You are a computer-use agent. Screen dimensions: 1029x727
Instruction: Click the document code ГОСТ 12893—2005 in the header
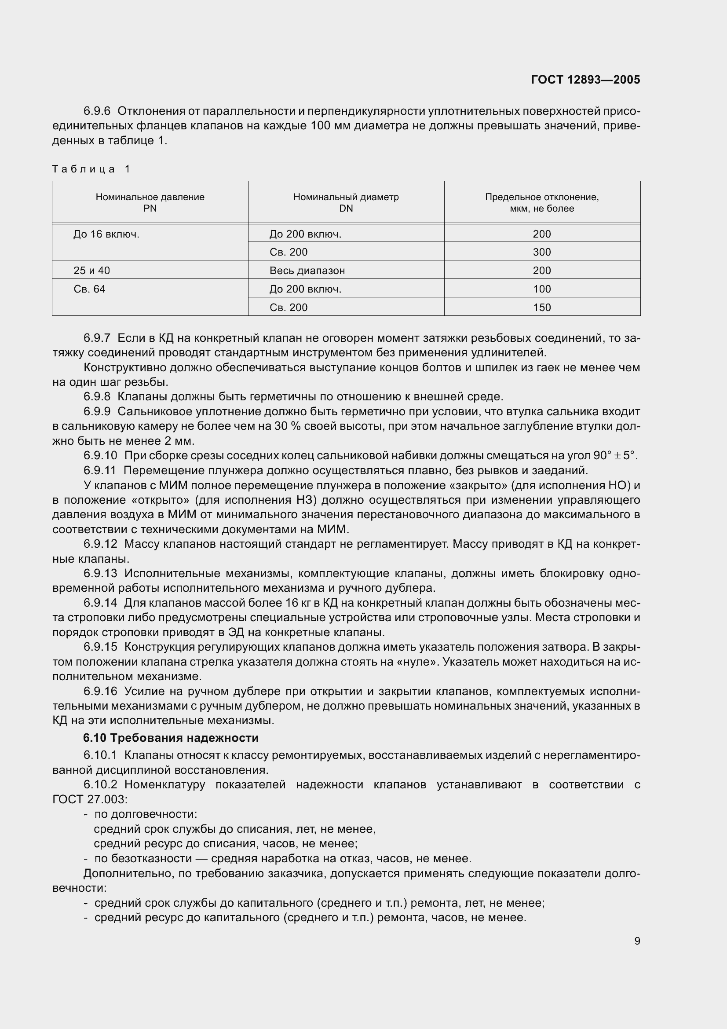(x=585, y=80)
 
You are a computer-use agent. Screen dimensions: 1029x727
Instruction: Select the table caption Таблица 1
(x=91, y=169)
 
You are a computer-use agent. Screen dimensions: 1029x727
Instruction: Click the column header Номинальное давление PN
(x=150, y=202)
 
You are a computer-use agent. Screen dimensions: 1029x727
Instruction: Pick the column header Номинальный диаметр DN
(x=346, y=202)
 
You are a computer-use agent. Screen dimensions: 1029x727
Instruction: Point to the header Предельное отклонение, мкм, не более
(x=541, y=202)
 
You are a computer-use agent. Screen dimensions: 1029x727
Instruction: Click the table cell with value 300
(x=541, y=252)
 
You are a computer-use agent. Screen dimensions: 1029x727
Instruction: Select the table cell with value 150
(x=541, y=308)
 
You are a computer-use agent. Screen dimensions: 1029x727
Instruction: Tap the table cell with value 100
(x=541, y=289)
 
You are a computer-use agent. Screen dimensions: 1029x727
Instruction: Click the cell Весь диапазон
(x=307, y=271)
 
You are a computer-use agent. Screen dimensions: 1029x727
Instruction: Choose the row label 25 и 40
(x=91, y=271)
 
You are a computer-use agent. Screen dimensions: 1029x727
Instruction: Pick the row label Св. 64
(x=89, y=289)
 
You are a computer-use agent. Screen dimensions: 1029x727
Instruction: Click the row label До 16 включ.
(x=106, y=234)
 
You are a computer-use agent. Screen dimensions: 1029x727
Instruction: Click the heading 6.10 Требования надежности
(x=171, y=738)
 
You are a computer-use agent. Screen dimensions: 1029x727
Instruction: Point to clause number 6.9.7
(x=97, y=338)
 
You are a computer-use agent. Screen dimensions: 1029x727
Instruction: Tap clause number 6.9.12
(x=100, y=544)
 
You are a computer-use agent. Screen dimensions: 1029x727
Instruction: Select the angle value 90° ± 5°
(x=614, y=456)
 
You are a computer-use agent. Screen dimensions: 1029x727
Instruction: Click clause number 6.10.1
(x=100, y=755)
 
